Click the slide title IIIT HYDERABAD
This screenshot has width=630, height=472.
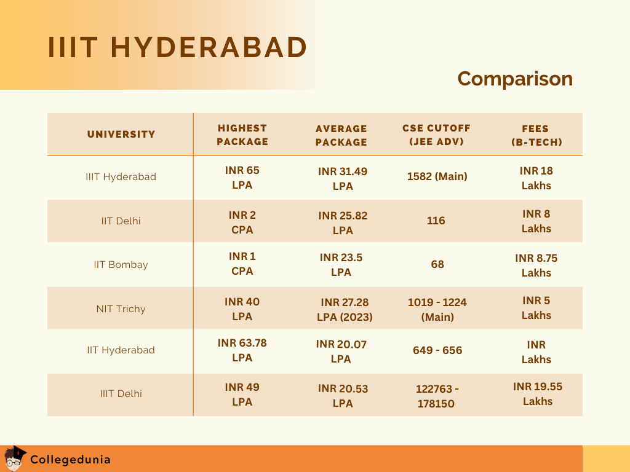(177, 47)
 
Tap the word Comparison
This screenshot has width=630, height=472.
(515, 79)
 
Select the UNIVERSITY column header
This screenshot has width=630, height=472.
(121, 134)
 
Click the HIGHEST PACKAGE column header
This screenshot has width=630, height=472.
(242, 135)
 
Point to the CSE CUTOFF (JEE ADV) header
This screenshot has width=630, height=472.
(436, 135)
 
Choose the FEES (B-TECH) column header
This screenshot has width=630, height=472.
(536, 135)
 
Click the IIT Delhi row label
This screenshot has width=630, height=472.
(121, 221)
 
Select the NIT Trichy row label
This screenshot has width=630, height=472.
(121, 309)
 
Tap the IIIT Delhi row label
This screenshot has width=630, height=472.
(121, 393)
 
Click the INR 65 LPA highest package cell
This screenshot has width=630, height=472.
(242, 177)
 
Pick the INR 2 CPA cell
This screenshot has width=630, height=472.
(242, 222)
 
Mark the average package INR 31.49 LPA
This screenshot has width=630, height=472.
(343, 178)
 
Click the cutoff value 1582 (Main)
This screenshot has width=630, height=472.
(437, 176)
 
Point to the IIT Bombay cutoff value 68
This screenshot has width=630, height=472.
(437, 264)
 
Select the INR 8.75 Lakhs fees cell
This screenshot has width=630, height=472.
(536, 265)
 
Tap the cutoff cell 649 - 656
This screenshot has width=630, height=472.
(437, 350)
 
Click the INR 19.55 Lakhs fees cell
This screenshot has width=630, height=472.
(538, 393)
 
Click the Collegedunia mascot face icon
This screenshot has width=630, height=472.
(14, 458)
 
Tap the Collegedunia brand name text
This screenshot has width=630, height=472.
(70, 459)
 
